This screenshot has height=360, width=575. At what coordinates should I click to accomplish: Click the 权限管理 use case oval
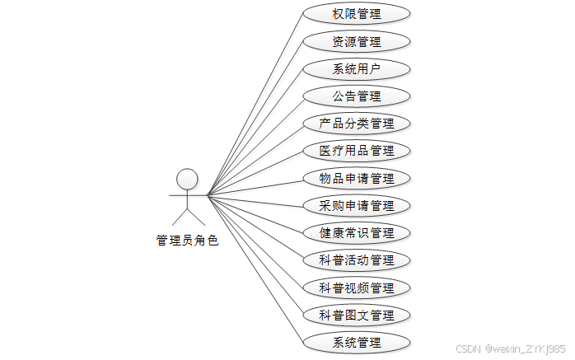coord(357,14)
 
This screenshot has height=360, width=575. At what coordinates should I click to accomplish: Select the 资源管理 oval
coord(357,41)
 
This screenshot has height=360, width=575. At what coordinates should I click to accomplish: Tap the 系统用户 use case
coord(357,68)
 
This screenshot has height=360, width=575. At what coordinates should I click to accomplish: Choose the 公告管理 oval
coord(357,96)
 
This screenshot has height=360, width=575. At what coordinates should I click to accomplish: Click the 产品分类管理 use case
coord(357,124)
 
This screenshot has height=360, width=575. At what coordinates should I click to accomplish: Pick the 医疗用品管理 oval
coord(357,151)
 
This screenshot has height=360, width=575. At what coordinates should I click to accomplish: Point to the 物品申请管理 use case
coord(357,178)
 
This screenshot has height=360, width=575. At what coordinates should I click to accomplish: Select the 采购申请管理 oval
coord(357,205)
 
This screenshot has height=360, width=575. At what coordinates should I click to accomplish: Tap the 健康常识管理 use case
coord(357,232)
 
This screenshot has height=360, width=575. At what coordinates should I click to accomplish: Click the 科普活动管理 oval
coord(357,260)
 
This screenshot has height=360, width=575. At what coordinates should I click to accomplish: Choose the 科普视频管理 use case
coord(357,288)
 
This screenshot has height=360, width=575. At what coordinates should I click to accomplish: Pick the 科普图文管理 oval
coord(357,315)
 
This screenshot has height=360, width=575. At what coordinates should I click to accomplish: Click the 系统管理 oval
coord(357,342)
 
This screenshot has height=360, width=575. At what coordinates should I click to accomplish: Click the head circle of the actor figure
coord(188,179)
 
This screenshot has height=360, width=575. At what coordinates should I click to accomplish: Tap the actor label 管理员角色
coord(188,241)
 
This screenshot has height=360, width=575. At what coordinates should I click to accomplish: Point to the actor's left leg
coord(179,217)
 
